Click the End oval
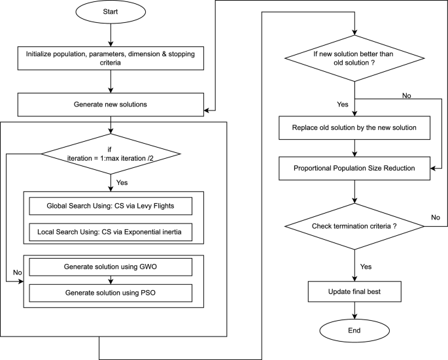[354, 331]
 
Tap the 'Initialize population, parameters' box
[112, 58]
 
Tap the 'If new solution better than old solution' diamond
[354, 63]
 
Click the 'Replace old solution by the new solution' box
[354, 128]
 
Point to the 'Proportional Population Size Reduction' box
[354, 168]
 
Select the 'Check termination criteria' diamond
[354, 225]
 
